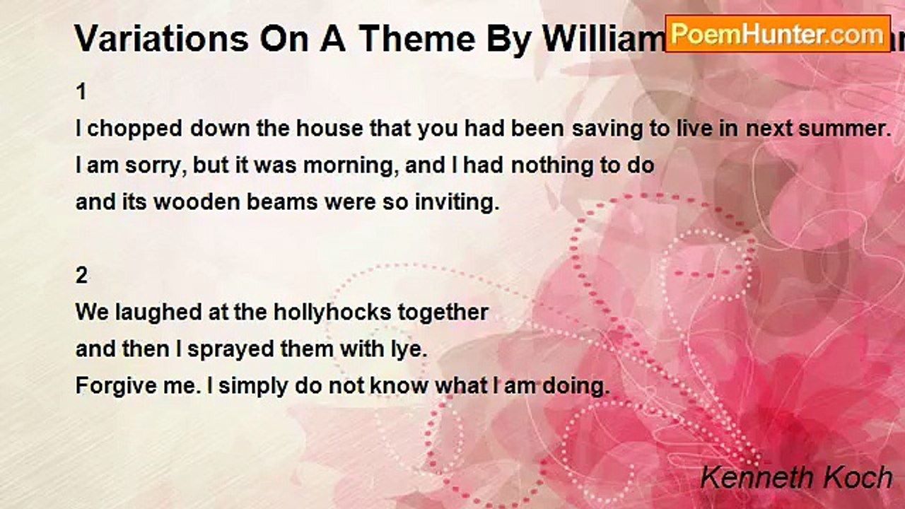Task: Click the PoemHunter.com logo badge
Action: (778, 33)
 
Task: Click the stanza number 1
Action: (81, 92)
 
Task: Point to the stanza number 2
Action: (82, 276)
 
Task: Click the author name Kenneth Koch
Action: (796, 478)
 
